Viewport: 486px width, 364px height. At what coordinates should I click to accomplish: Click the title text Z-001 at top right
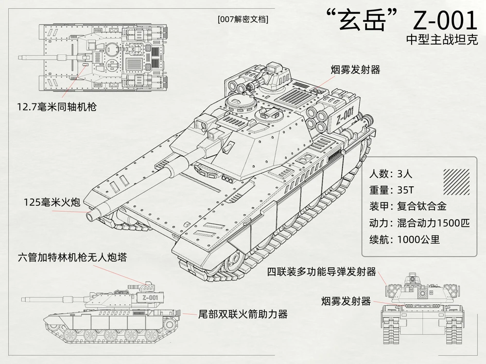(x=445, y=20)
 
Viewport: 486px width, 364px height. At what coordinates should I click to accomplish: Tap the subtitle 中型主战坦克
(x=442, y=40)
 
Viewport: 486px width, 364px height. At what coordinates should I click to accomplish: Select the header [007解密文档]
(x=243, y=19)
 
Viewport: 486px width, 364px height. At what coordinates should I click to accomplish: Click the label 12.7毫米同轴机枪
(x=57, y=107)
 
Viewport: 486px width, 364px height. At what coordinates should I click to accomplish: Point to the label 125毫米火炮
(x=52, y=202)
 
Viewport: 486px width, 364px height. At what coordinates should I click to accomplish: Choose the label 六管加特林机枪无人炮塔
(x=72, y=257)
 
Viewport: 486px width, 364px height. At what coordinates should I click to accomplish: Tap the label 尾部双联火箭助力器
(x=243, y=314)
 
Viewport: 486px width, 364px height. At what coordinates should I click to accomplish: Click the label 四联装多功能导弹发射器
(x=322, y=272)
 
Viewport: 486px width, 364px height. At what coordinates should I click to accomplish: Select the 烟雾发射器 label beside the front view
(x=346, y=301)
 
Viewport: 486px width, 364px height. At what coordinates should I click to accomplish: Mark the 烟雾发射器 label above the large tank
(x=355, y=69)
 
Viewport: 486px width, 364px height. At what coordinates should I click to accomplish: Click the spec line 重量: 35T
(x=391, y=190)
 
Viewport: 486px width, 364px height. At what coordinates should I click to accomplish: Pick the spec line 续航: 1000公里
(x=404, y=239)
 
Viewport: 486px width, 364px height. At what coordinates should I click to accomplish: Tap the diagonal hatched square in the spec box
(x=456, y=182)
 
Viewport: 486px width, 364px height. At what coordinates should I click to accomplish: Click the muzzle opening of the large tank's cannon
(x=91, y=216)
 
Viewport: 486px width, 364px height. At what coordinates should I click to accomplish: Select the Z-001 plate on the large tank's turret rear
(x=345, y=115)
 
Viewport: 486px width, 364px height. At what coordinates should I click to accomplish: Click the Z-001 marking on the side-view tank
(x=150, y=298)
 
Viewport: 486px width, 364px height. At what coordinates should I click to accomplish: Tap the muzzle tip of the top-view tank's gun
(x=19, y=57)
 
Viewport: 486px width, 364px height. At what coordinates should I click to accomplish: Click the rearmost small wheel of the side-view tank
(x=169, y=324)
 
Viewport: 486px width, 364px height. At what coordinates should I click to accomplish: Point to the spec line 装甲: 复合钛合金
(x=408, y=206)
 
